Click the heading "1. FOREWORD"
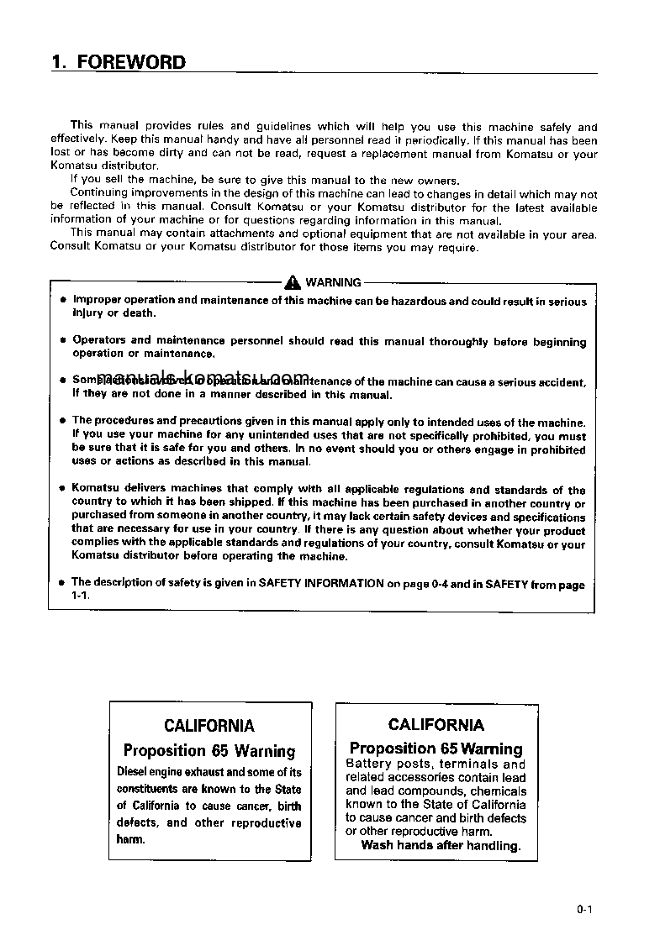119,62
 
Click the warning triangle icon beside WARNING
293,282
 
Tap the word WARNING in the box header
334,282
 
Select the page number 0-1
586,909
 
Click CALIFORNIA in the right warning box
436,724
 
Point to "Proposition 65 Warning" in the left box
209,750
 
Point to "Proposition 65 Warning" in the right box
436,748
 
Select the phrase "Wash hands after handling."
441,845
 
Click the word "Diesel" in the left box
131,772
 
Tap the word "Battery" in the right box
368,764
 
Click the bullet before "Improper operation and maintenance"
63,300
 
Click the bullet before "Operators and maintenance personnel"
63,340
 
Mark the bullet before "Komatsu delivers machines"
63,488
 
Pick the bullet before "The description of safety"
63,581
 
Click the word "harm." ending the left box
130,839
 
